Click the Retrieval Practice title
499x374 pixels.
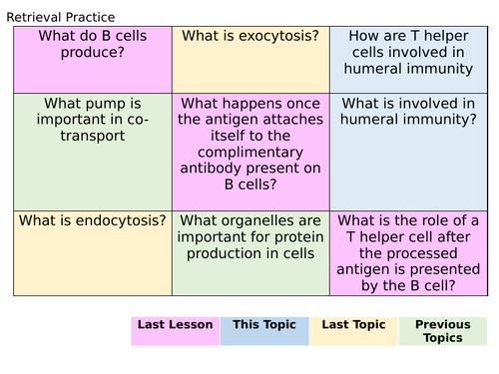point(61,17)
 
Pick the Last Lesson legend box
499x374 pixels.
point(175,331)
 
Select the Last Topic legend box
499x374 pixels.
point(354,331)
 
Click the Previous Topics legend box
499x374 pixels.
point(443,331)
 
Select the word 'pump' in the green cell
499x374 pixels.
point(117,103)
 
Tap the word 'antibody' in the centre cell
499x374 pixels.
point(221,170)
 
